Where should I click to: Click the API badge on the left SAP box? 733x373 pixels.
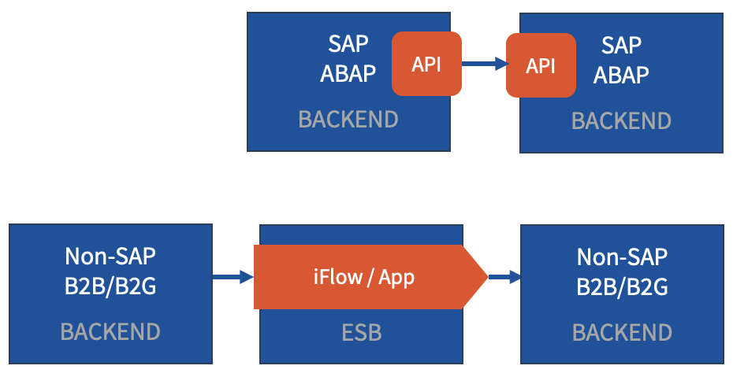point(426,64)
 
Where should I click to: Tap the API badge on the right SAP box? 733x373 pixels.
point(541,65)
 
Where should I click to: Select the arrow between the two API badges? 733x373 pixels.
point(485,64)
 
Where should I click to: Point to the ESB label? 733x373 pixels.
point(361,333)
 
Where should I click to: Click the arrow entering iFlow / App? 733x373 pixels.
point(233,277)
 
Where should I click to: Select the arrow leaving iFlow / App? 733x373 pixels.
point(504,277)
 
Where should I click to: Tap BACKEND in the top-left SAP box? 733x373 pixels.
point(348,120)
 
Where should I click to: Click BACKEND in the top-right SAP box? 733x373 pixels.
point(621,121)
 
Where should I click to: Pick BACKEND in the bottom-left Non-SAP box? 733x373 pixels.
point(110,332)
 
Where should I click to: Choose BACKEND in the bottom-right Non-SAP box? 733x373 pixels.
point(622,333)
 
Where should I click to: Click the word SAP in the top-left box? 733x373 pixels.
point(348,44)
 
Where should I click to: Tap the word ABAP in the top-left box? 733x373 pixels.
point(348,73)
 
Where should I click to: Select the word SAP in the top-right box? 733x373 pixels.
point(621,46)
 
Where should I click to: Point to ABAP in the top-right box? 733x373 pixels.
point(621,75)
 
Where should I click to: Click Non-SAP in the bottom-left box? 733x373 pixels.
point(110,257)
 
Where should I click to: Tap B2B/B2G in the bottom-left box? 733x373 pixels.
point(110,286)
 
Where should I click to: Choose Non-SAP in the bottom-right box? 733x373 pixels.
point(622,257)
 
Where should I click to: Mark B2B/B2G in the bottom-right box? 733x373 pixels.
point(622,287)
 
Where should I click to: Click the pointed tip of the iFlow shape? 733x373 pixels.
point(488,277)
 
